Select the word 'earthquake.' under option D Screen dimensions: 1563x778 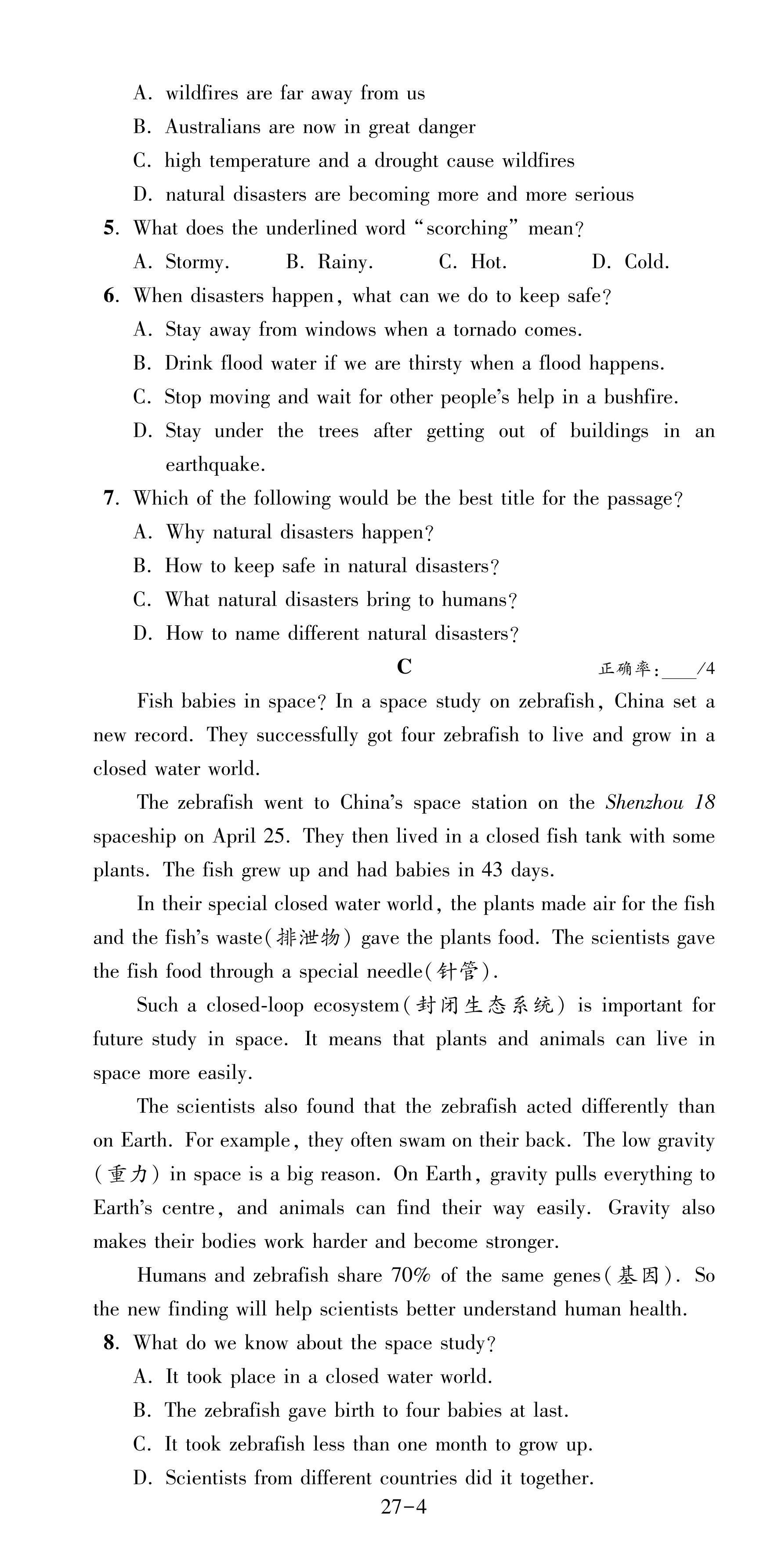[215, 465]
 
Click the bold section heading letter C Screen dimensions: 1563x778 [404, 667]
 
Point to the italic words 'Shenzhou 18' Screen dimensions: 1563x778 [660, 803]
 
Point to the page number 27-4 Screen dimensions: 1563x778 [403, 1507]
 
